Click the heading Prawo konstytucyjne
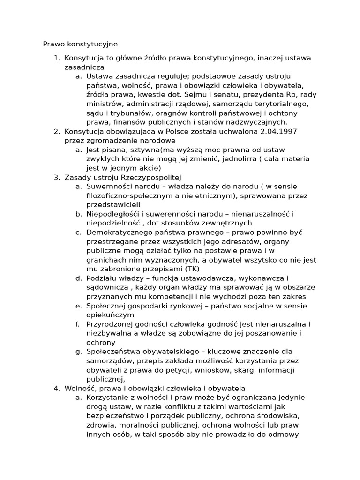coord(80,44)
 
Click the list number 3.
coord(56,177)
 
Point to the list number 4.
coord(56,388)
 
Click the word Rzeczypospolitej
coord(151,177)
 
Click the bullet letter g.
coord(78,352)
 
